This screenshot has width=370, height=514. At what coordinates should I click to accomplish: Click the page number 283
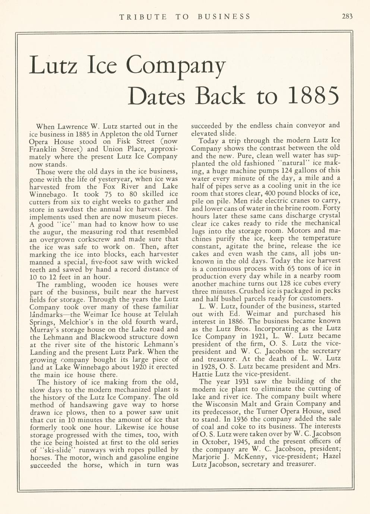[346, 16]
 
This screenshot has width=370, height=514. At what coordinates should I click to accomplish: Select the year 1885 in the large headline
[314, 96]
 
